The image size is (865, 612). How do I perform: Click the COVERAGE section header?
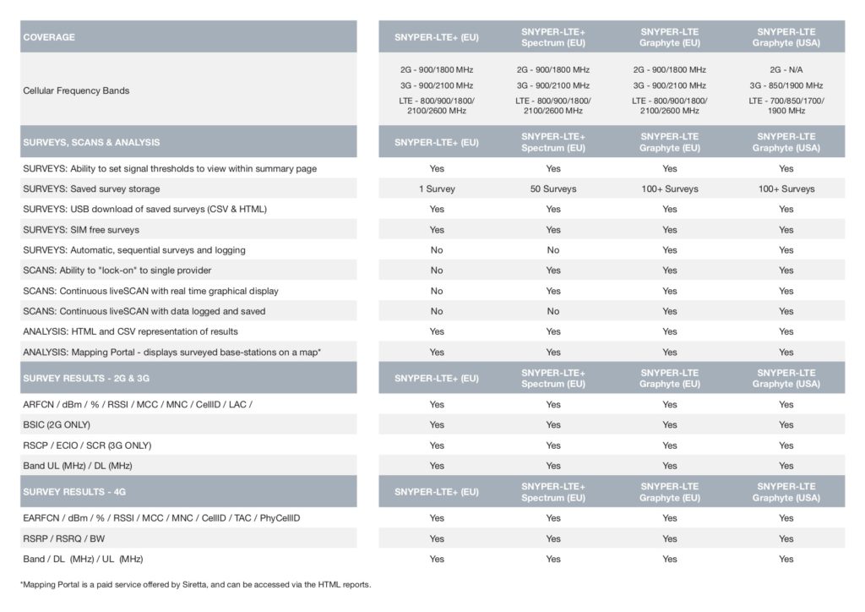pyautogui.click(x=49, y=37)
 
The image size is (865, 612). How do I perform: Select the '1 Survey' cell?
pyautogui.click(x=437, y=189)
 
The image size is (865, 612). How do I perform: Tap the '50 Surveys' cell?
pyautogui.click(x=553, y=189)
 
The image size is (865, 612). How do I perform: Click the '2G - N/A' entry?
pyautogui.click(x=786, y=69)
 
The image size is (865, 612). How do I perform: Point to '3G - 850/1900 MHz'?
pyautogui.click(x=786, y=85)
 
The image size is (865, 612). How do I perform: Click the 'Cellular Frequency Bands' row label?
pyautogui.click(x=76, y=90)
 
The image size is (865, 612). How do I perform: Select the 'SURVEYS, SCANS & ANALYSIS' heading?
pyautogui.click(x=91, y=142)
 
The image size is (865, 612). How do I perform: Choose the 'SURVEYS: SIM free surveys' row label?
pyautogui.click(x=81, y=230)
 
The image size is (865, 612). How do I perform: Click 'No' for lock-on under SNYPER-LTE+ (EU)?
pyautogui.click(x=437, y=270)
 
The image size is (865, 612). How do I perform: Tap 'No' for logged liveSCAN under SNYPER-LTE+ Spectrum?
pyautogui.click(x=553, y=311)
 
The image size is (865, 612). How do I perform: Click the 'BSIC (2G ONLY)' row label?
pyautogui.click(x=57, y=424)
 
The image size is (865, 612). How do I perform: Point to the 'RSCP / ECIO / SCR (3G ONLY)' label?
pyautogui.click(x=87, y=445)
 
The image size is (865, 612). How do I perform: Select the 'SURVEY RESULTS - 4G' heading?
pyautogui.click(x=74, y=491)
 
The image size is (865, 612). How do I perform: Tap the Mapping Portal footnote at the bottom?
pyautogui.click(x=195, y=584)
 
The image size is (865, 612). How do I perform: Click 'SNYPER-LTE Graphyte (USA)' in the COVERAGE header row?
pyautogui.click(x=786, y=37)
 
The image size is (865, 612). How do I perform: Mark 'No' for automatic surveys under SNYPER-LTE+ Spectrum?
pyautogui.click(x=553, y=250)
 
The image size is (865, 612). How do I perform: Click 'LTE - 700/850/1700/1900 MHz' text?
pyautogui.click(x=786, y=106)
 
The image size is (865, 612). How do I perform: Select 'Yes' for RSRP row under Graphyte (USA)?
pyautogui.click(x=786, y=538)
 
